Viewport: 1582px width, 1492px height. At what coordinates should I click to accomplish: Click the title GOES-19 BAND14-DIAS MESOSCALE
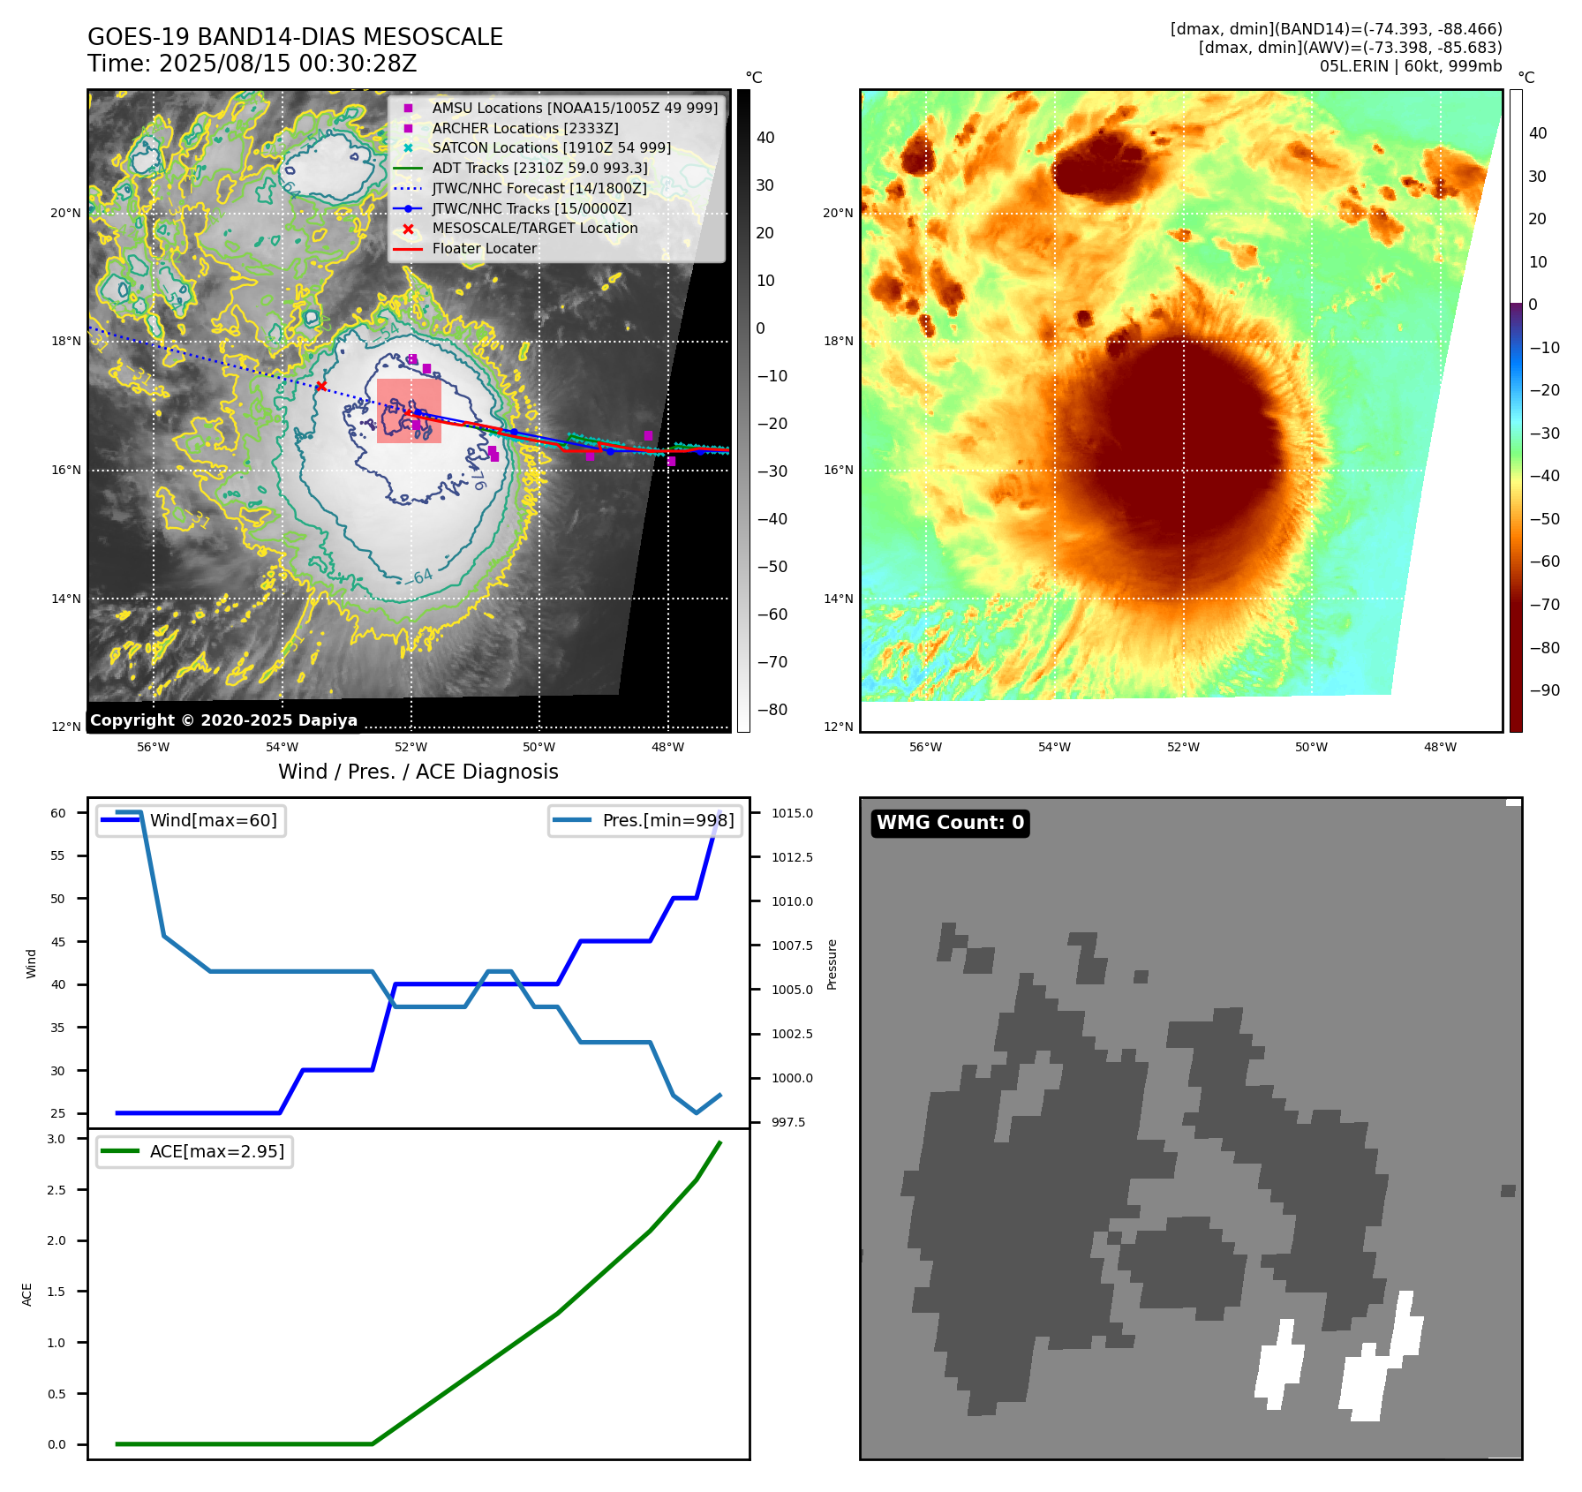(x=295, y=37)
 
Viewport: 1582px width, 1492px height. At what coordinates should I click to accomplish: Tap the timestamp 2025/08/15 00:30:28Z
(x=288, y=64)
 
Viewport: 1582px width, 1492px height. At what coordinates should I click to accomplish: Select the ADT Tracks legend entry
(x=539, y=168)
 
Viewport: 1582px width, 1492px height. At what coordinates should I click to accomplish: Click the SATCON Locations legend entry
(x=551, y=147)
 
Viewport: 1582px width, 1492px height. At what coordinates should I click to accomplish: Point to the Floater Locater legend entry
(x=484, y=248)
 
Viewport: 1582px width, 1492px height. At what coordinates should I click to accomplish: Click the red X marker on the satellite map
(x=321, y=386)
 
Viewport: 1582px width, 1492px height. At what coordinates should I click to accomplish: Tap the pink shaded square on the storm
(x=409, y=411)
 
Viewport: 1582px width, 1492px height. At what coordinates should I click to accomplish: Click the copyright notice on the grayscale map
(x=223, y=720)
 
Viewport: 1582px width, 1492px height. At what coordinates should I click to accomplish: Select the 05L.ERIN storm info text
(x=1410, y=66)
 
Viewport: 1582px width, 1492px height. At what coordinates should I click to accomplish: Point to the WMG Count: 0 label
(x=950, y=823)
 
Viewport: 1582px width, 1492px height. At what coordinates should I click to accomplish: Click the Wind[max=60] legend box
(x=191, y=820)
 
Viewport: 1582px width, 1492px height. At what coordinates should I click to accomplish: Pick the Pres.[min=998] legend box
(x=645, y=820)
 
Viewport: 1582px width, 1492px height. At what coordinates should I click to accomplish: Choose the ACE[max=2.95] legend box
(x=194, y=1151)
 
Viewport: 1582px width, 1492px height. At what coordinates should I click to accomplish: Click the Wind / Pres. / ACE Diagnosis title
(x=418, y=772)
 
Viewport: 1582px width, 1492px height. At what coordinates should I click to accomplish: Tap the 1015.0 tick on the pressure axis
(x=792, y=813)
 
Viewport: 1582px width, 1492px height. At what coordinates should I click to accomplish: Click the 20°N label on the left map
(x=65, y=213)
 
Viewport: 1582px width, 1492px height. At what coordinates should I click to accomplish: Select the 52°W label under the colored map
(x=1183, y=747)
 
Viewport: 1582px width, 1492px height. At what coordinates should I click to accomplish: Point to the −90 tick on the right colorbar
(x=1544, y=690)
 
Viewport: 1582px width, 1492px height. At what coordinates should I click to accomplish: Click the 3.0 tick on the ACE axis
(x=56, y=1139)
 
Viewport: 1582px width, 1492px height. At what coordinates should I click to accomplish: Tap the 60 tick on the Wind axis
(x=58, y=813)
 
